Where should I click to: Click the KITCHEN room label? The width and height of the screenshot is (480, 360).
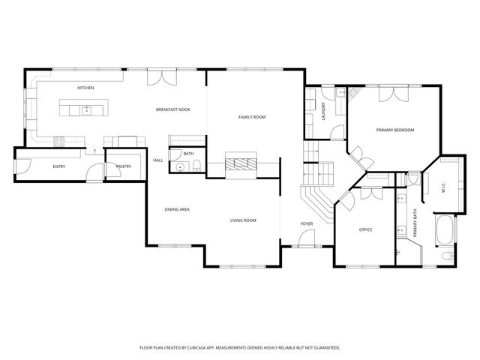coord(85,88)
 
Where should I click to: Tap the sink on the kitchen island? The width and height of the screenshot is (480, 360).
coord(86,111)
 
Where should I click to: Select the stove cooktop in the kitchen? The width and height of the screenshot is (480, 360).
coord(58,140)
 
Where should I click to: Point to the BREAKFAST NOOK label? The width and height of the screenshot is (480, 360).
coord(172,109)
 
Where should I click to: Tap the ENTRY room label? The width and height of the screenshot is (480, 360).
coord(58,166)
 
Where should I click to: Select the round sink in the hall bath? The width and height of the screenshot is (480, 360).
coord(180,166)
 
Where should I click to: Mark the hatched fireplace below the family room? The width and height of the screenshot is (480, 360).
coord(241,164)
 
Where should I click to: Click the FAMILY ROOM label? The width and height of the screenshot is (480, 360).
coord(252,117)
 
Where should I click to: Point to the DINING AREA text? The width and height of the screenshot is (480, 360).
coord(176,209)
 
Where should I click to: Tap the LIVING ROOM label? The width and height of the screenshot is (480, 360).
coord(243,220)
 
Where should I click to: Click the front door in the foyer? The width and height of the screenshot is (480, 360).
coord(306,241)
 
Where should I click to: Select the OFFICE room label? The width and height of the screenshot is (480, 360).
coord(365,229)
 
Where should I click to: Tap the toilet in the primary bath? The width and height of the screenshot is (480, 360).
coord(447,257)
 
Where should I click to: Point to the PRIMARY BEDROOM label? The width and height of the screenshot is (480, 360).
coord(394,130)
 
